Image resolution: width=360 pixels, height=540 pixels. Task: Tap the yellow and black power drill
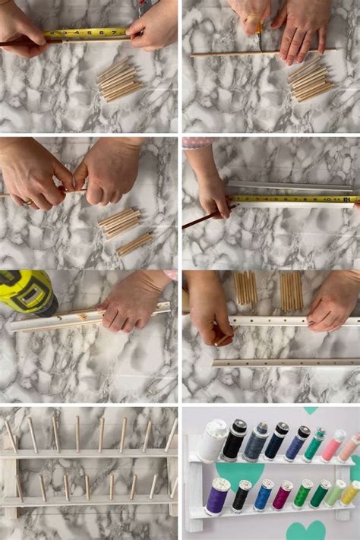(26, 292)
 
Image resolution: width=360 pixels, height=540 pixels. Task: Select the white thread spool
(213, 441)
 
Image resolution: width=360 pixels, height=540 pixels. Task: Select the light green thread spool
(334, 493)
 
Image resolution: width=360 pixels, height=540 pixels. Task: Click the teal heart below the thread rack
(306, 530)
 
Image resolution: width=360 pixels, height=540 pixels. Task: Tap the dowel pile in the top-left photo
(119, 79)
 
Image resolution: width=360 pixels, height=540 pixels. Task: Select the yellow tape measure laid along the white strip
(292, 199)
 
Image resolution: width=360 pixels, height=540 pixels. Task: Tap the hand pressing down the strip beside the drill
(133, 302)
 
